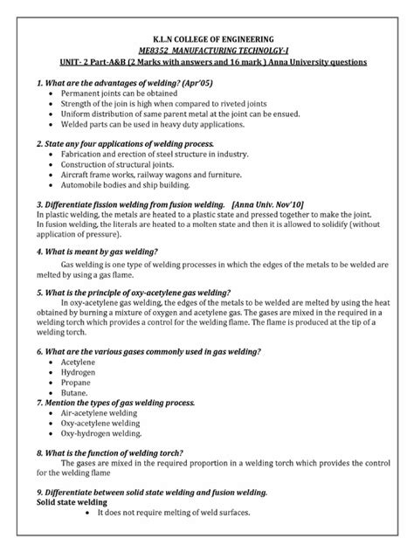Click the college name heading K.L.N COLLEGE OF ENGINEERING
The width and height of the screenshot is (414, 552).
pyautogui.click(x=206, y=39)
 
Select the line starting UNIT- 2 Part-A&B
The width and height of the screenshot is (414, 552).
pyautogui.click(x=206, y=64)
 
